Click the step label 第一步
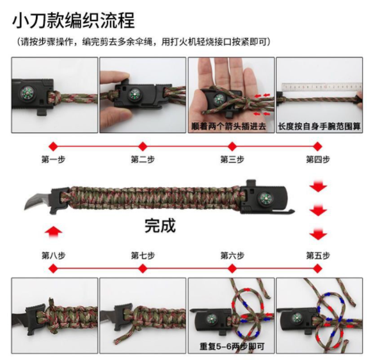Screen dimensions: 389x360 [53, 160]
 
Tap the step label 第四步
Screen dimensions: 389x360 [318, 160]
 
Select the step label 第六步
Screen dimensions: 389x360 [232, 256]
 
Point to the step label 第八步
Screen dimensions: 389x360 [53, 256]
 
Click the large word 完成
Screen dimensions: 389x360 [160, 225]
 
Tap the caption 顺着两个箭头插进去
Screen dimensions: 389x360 [228, 126]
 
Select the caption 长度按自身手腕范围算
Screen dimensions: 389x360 [319, 126]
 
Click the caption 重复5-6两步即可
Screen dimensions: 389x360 [232, 346]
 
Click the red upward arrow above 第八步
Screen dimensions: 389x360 [53, 233]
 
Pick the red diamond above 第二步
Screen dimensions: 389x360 [143, 146]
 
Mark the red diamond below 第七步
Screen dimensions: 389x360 [143, 268]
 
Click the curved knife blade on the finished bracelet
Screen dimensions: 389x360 [37, 201]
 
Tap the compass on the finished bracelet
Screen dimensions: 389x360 [266, 198]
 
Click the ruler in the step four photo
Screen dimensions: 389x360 [322, 87]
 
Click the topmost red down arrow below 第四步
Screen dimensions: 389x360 [318, 186]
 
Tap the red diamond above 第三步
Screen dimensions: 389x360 [232, 146]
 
